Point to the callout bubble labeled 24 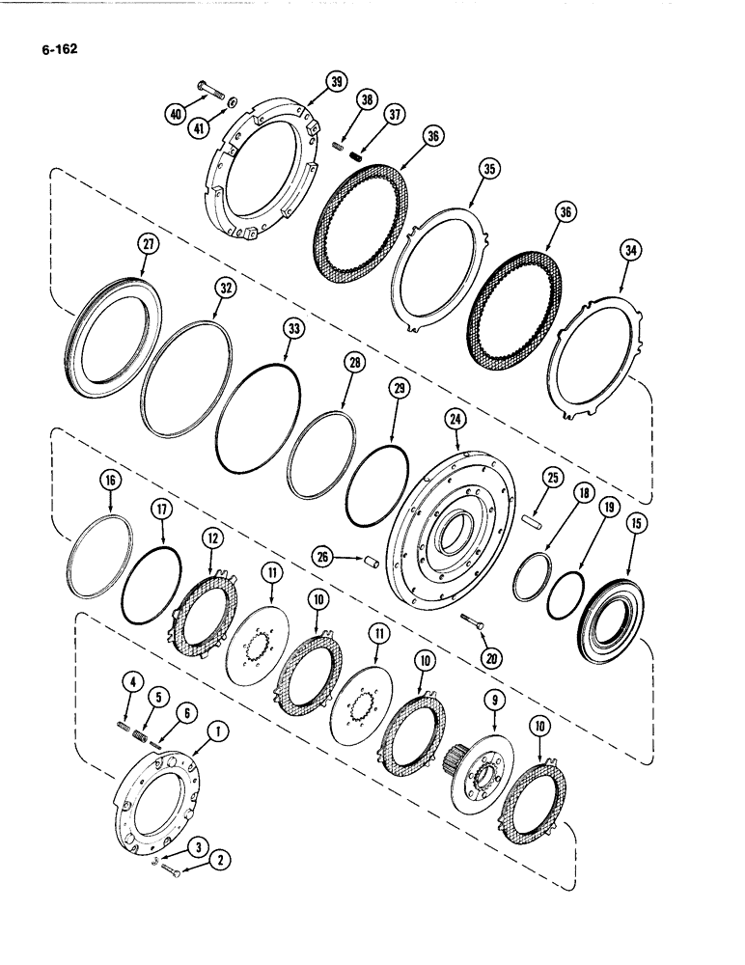click(455, 419)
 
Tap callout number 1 click(220, 733)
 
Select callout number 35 click(490, 170)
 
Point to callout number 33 click(291, 329)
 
